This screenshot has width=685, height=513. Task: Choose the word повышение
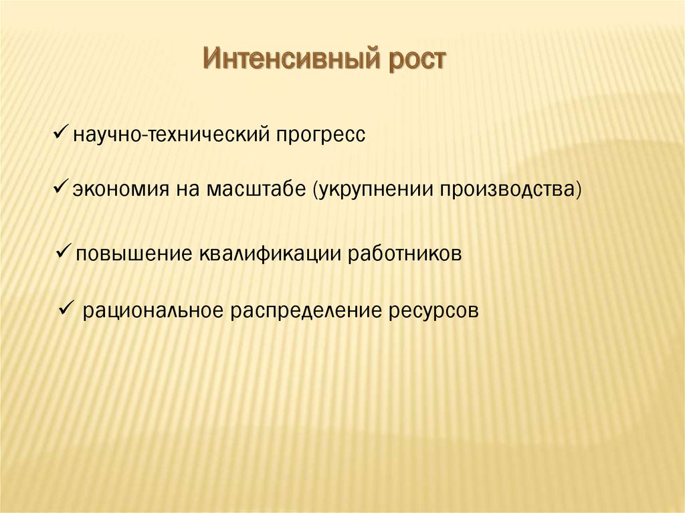pos(134,254)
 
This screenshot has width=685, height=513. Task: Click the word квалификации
pos(270,254)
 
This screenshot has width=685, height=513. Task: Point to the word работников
pos(405,254)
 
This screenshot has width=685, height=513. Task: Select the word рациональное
pos(153,312)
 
